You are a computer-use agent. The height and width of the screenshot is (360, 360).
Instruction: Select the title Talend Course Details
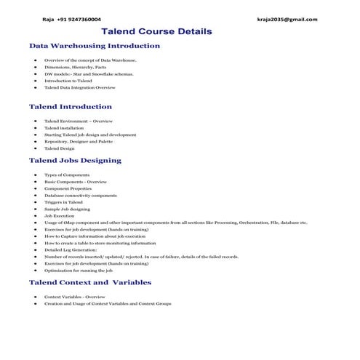pyautogui.click(x=156, y=32)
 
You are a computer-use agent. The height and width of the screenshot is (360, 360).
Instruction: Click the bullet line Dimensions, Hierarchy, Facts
pyautogui.click(x=75, y=67)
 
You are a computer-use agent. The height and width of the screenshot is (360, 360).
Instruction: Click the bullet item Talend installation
pyautogui.click(x=64, y=127)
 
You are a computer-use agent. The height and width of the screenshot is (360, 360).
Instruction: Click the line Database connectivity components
pyautogui.click(x=80, y=196)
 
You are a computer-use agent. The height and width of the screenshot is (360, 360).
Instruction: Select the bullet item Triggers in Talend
pyautogui.click(x=63, y=202)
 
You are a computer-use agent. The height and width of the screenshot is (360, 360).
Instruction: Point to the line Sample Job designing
pyautogui.click(x=67, y=209)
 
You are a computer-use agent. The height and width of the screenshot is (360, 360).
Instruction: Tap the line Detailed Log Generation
pyautogui.click(x=71, y=249)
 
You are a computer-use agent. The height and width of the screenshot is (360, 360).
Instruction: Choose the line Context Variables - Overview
pyautogui.click(x=75, y=297)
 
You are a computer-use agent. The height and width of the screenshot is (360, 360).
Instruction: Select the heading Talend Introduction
pyautogui.click(x=70, y=107)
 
